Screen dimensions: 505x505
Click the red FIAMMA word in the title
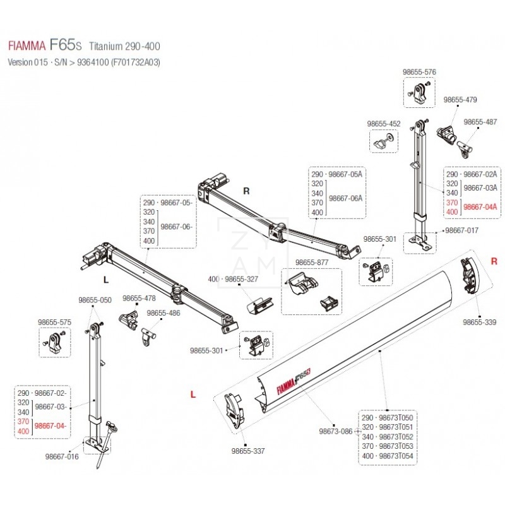click(x=26, y=46)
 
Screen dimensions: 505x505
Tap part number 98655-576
click(x=420, y=73)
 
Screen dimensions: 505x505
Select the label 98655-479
click(x=460, y=100)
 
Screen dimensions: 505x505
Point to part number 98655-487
click(x=481, y=122)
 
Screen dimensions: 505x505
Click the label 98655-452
click(x=384, y=124)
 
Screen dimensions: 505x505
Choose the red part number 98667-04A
click(x=480, y=206)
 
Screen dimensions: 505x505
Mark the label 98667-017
click(x=462, y=232)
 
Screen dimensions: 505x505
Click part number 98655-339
click(x=480, y=322)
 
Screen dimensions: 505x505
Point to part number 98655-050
click(x=95, y=300)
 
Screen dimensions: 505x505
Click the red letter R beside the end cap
click(x=494, y=261)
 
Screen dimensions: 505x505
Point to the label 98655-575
click(x=54, y=322)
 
